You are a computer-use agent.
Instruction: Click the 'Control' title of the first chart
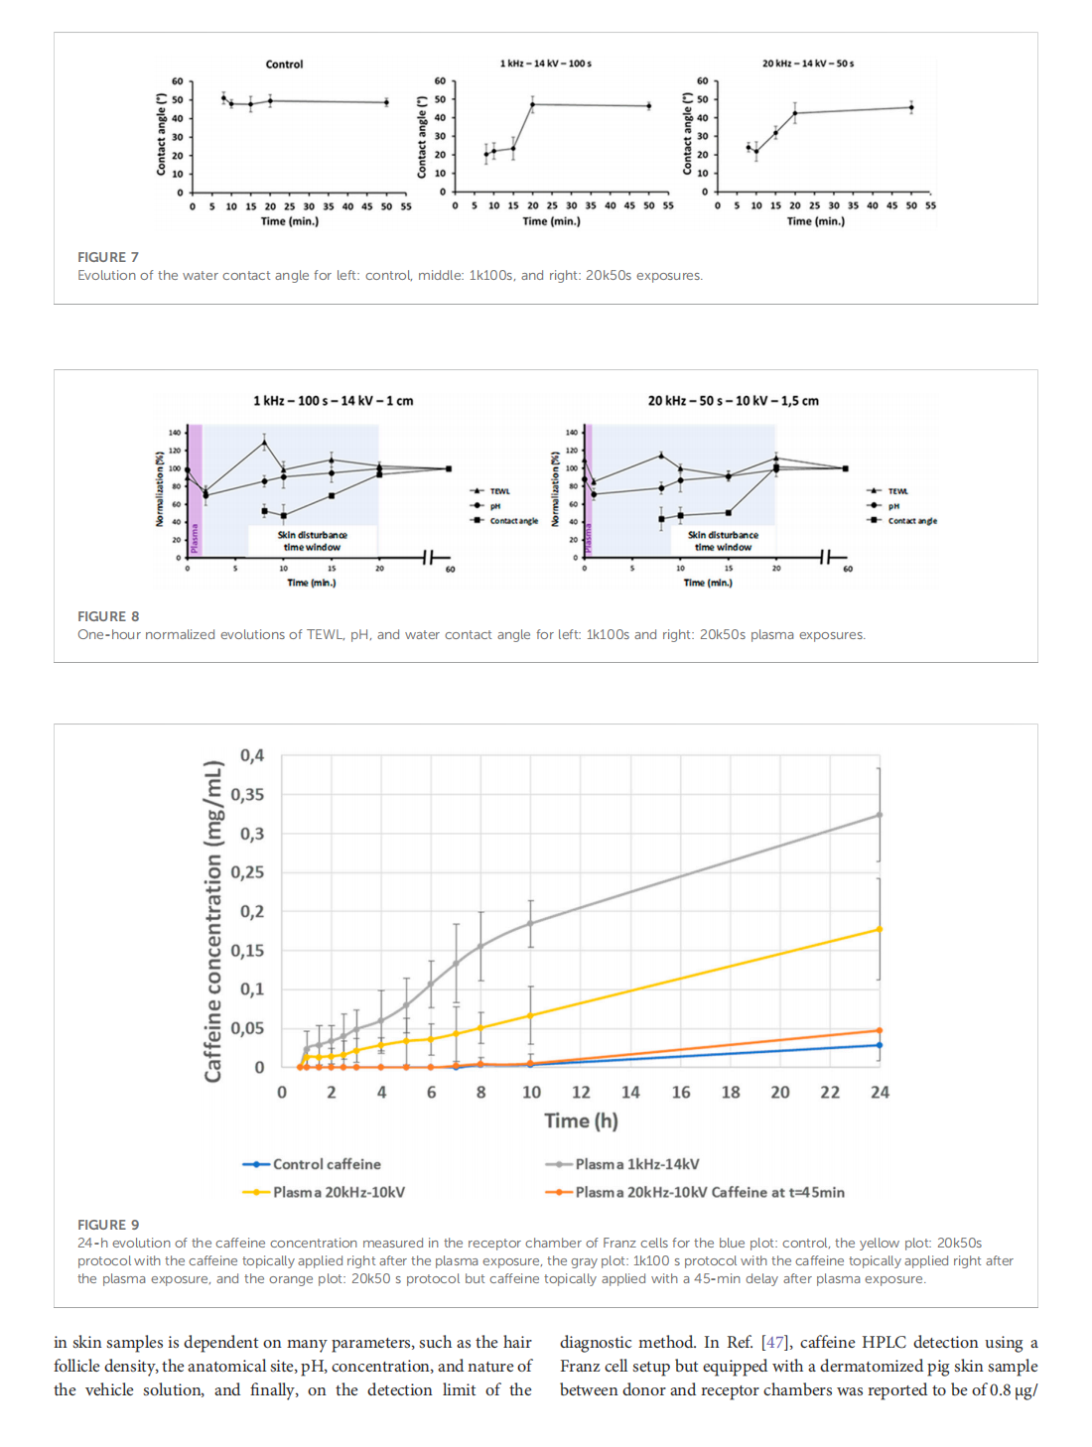click(284, 65)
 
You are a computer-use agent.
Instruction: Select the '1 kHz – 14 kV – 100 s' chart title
click(545, 64)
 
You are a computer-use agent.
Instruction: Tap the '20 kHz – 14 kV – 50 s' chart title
click(807, 64)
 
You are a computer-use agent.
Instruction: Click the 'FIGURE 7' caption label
click(108, 257)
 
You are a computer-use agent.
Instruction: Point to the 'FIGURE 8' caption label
click(108, 616)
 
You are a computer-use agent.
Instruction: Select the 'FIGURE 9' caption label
click(108, 1225)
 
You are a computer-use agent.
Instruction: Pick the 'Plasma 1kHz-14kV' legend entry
click(636, 1164)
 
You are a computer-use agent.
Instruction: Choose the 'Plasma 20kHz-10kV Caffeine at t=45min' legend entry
click(709, 1192)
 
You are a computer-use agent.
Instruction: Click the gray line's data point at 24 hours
click(880, 815)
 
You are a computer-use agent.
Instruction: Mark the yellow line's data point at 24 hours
click(880, 929)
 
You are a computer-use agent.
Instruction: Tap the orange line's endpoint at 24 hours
click(880, 1030)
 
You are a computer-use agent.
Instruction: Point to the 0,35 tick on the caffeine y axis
click(247, 795)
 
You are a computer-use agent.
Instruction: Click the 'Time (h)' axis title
click(581, 1120)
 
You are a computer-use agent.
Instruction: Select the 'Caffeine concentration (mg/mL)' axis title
click(212, 921)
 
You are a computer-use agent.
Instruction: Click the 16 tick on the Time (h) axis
click(681, 1093)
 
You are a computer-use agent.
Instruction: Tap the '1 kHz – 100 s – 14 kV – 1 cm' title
click(333, 401)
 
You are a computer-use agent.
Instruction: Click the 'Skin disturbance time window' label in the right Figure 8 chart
click(723, 541)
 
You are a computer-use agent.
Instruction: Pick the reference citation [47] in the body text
click(774, 1343)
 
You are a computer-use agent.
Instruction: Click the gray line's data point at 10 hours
click(531, 923)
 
